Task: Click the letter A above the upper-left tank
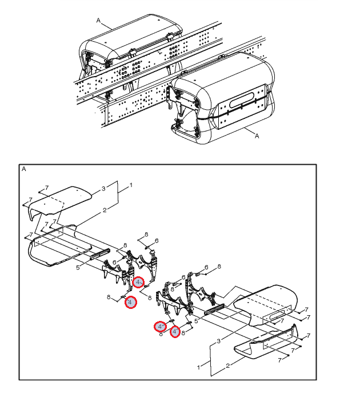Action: coord(98,20)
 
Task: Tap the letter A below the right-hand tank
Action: coord(257,136)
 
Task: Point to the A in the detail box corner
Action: coord(24,169)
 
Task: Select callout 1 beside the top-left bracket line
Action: coord(131,185)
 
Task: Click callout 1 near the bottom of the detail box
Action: coord(198,367)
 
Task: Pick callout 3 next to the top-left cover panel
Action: coord(103,188)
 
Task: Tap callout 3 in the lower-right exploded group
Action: coord(218,341)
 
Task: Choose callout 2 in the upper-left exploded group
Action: coord(105,210)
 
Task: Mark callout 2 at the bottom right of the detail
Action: coord(227,366)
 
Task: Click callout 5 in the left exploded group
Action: coord(78,268)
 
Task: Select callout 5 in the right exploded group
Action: coord(196,320)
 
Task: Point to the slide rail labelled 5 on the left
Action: coord(99,254)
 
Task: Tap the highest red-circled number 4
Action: coord(138,282)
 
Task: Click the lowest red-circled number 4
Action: coord(175,332)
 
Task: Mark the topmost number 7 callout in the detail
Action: coord(46,188)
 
